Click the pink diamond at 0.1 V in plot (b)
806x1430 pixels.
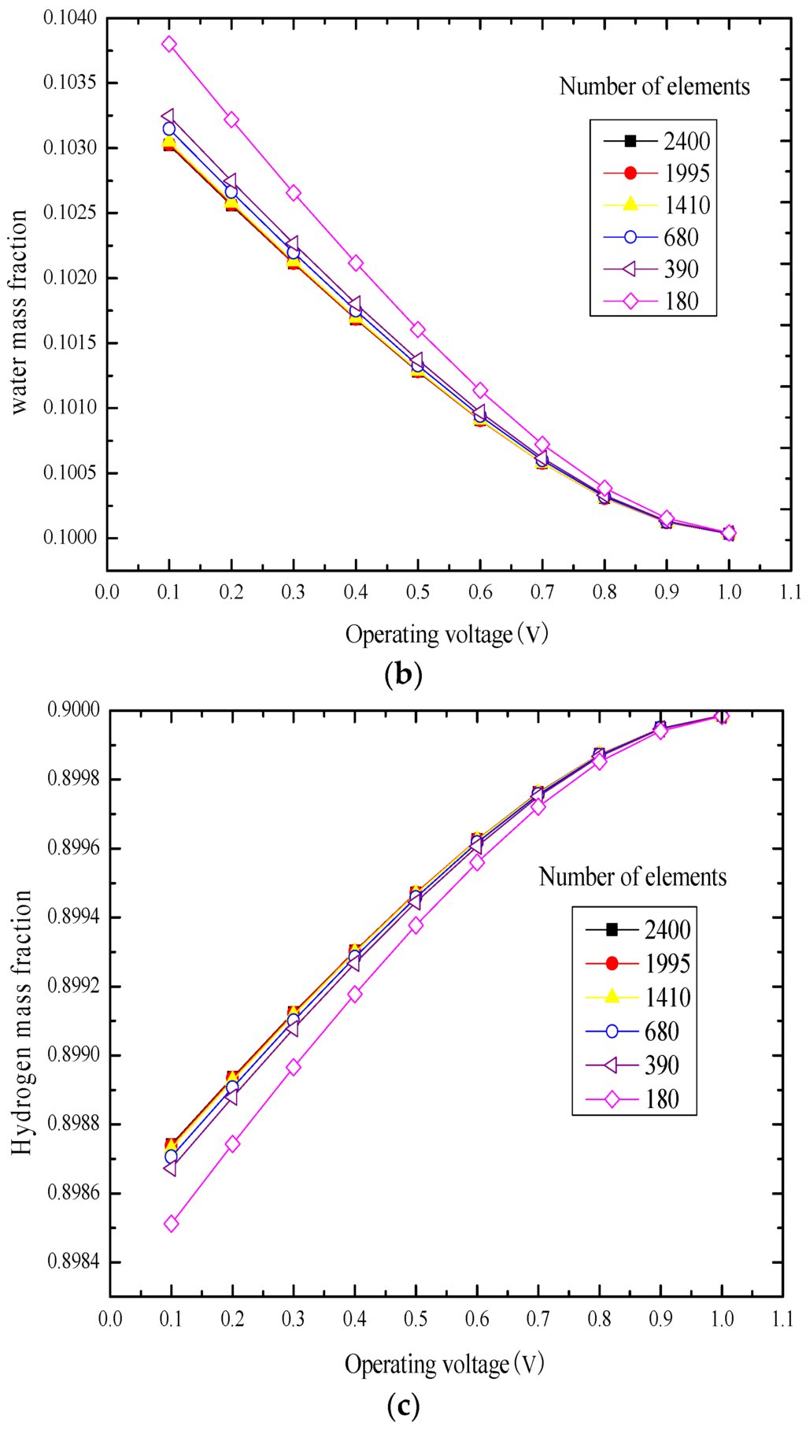pyautogui.click(x=169, y=44)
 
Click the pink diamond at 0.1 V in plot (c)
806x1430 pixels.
pyautogui.click(x=171, y=1224)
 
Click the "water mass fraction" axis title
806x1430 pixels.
pyautogui.click(x=19, y=311)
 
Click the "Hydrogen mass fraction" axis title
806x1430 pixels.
pyautogui.click(x=22, y=1022)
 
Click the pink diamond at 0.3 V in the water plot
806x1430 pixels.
pyautogui.click(x=294, y=193)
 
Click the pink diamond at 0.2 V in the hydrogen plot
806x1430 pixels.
pyautogui.click(x=232, y=1143)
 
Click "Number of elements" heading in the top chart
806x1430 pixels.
pyautogui.click(x=654, y=87)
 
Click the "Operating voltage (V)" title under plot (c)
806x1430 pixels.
pyautogui.click(x=444, y=1364)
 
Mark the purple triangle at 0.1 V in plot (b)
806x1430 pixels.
pyautogui.click(x=168, y=117)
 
